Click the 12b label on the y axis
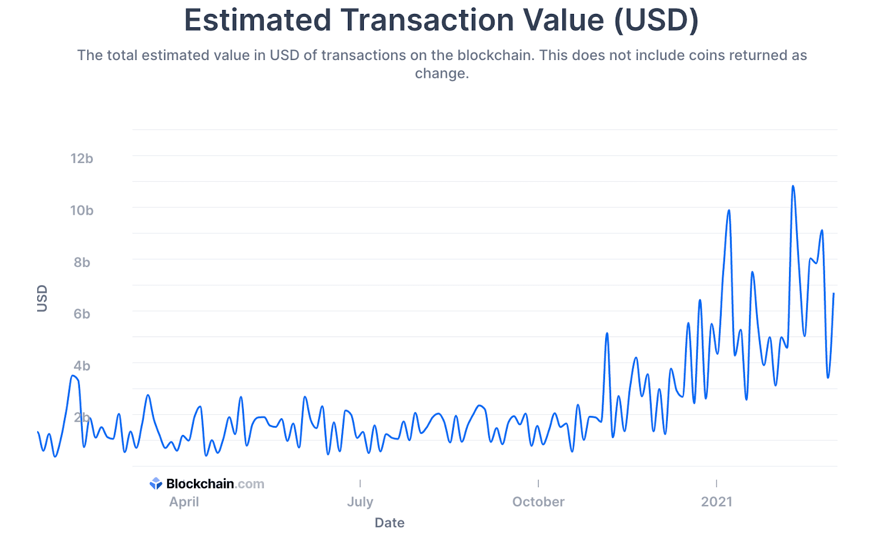[82, 158]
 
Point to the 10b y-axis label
[82, 210]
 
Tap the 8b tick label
[82, 262]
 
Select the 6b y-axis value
[82, 314]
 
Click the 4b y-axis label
[82, 365]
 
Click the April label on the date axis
[184, 502]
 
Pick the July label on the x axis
[360, 502]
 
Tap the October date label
[538, 502]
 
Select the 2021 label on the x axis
[716, 502]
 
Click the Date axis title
[389, 523]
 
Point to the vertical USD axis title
[42, 298]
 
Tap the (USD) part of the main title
[656, 21]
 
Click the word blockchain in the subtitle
[495, 55]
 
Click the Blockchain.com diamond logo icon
[156, 484]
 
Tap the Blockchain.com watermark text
[215, 484]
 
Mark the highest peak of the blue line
[793, 186]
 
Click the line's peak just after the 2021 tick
[729, 210]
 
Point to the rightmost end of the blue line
[834, 293]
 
